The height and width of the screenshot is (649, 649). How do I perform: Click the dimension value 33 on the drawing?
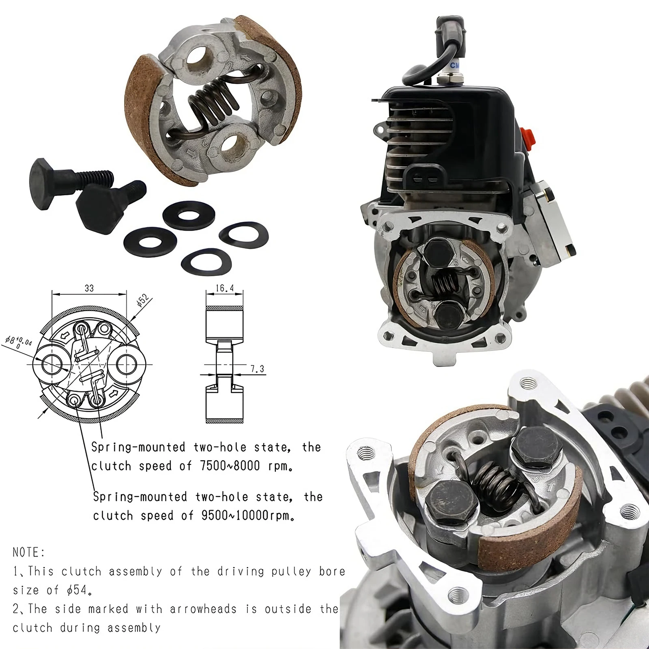pyautogui.click(x=89, y=288)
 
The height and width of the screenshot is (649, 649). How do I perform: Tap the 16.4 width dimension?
pyautogui.click(x=225, y=288)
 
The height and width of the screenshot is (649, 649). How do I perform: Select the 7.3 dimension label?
pyautogui.click(x=257, y=369)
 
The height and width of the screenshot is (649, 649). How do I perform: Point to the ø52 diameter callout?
pyautogui.click(x=144, y=301)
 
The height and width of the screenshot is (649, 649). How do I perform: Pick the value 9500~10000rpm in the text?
pyautogui.click(x=247, y=516)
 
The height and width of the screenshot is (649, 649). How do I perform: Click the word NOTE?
pyautogui.click(x=28, y=552)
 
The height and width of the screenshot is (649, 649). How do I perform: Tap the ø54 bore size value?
pyautogui.click(x=77, y=590)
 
